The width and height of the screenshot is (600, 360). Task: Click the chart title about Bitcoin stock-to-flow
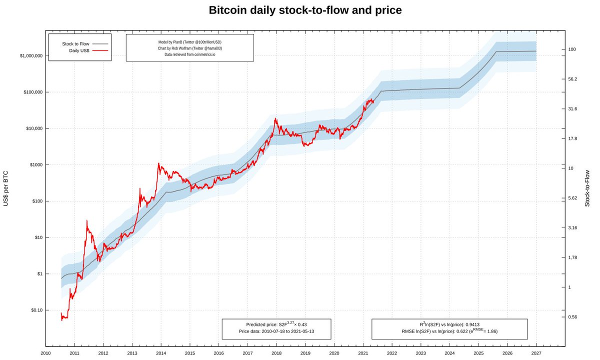(x=304, y=10)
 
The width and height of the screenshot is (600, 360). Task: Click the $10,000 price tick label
(x=34, y=128)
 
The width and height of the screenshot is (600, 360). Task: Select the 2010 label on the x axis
(x=45, y=352)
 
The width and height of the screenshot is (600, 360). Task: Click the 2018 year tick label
(x=276, y=352)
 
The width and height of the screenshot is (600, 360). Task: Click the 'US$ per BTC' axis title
(x=6, y=187)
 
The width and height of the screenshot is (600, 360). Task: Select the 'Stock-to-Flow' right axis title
(x=587, y=188)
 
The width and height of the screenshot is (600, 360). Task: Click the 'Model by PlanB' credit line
(x=189, y=42)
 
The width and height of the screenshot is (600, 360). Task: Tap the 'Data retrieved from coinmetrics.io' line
(x=189, y=54)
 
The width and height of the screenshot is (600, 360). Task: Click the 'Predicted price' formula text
(x=276, y=324)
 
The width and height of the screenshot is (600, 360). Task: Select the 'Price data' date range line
(x=276, y=331)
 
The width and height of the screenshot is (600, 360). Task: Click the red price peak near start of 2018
(x=275, y=118)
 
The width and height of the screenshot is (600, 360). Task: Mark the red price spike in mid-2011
(x=87, y=220)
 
